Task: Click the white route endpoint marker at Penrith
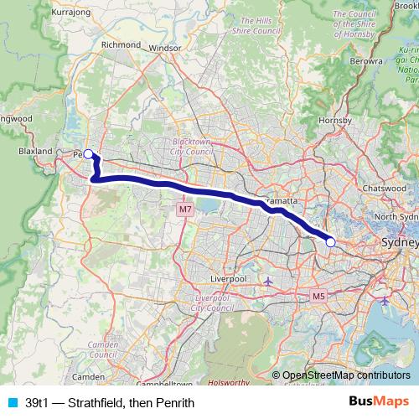coord(89,154)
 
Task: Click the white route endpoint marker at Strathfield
coord(330,242)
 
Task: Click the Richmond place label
coord(119,45)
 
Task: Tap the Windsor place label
coord(164,49)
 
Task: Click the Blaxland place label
coord(36,152)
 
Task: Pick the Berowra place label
coord(367,62)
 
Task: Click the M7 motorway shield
coord(185,209)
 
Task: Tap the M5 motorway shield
coord(318,297)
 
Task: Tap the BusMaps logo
coord(379,402)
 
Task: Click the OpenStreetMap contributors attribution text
coord(345,375)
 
